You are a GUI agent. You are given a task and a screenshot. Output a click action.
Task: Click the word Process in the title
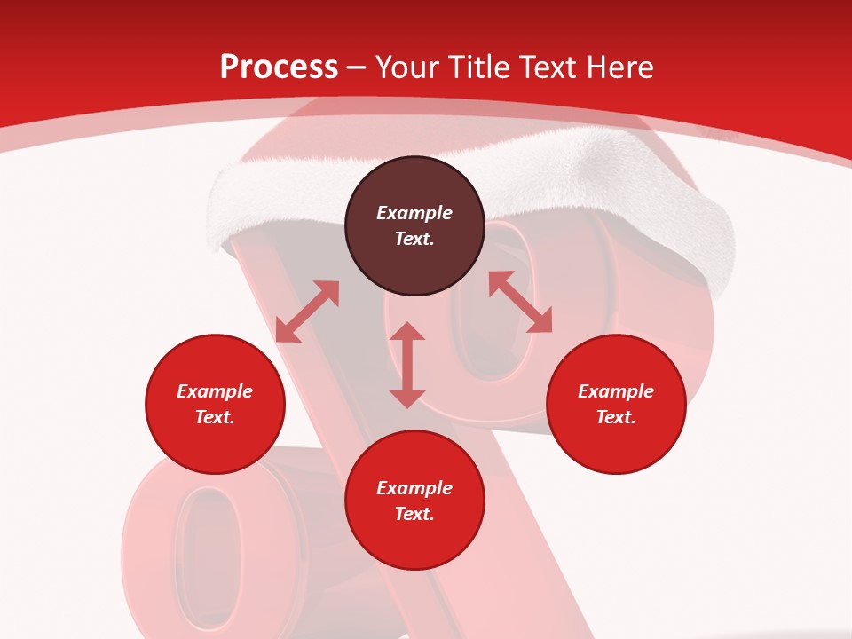tap(279, 67)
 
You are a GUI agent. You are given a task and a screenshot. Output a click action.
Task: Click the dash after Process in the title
tap(356, 69)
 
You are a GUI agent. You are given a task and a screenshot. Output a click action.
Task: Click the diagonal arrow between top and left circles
tap(307, 312)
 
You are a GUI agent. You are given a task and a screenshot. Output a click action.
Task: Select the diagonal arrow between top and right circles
tap(520, 302)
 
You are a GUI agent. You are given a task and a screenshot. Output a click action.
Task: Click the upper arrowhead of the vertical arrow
tap(407, 332)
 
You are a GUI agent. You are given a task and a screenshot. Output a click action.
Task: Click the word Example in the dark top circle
tap(414, 213)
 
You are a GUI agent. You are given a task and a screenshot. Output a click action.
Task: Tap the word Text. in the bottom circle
tap(414, 514)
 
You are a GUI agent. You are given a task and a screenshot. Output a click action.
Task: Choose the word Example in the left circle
tap(215, 391)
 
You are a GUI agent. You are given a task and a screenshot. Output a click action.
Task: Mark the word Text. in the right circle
tap(616, 417)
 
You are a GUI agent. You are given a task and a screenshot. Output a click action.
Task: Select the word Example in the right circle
tap(616, 391)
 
